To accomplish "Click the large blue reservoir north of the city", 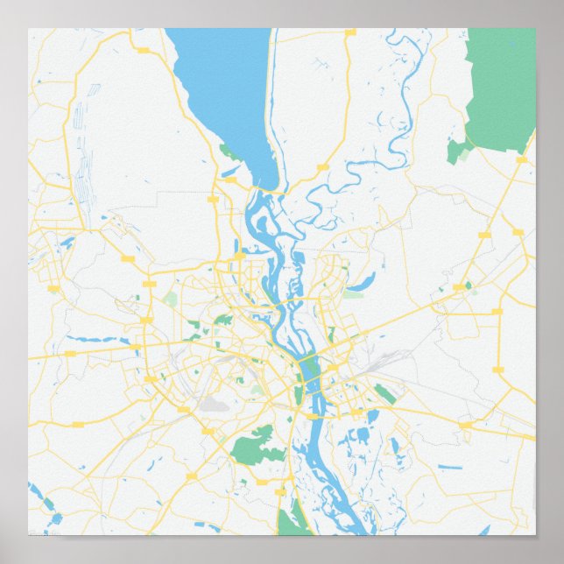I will (x=223, y=88).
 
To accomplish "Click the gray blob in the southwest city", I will (x=214, y=405).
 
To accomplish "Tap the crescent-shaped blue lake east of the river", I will (x=362, y=283).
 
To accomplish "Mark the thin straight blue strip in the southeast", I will (x=450, y=467).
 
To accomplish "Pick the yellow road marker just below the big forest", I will (x=521, y=160).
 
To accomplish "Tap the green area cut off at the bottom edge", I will (x=289, y=521).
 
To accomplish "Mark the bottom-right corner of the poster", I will (x=534, y=535).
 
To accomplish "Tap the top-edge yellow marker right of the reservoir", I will (x=350, y=32).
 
